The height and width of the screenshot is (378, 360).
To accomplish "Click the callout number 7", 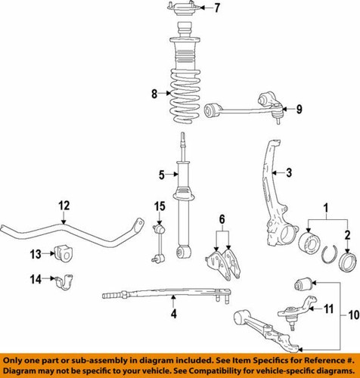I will tap(196, 9).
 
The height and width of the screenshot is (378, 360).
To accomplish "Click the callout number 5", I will tap(160, 175).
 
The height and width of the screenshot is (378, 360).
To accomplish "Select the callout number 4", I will tap(173, 335).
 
